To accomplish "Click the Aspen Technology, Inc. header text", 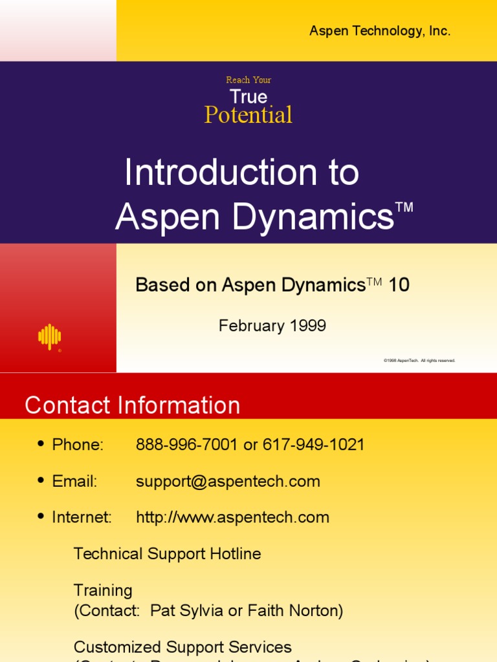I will coord(379,31).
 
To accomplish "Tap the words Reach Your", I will coord(248,80).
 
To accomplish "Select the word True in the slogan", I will coord(248,97).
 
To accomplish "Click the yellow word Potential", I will coord(248,115).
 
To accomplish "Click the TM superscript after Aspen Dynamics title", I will coord(404,208).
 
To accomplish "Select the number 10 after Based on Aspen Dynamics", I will coord(399,285).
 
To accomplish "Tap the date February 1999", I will coord(272,326).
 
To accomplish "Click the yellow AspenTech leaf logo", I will coord(50,337).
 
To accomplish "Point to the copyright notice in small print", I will coord(419,360).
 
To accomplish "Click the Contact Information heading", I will coord(133,405).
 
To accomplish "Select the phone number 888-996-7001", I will coord(187,445).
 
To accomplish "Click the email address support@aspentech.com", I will coord(228,481).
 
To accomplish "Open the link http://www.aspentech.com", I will coord(232,517).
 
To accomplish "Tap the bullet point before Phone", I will coord(41,444).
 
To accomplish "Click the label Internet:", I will coord(82,517).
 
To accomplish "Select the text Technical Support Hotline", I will coord(168,553).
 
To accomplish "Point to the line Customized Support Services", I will coord(182,646).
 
